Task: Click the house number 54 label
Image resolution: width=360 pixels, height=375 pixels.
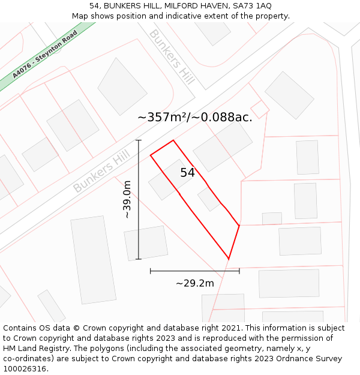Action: [x=187, y=173]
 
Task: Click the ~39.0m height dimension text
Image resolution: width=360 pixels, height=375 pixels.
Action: [x=127, y=199]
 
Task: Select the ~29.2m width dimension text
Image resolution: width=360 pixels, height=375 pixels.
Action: [x=194, y=283]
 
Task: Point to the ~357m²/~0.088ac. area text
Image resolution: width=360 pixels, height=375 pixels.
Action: [x=195, y=117]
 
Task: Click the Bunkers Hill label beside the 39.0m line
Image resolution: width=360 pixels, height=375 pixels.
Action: [x=101, y=172]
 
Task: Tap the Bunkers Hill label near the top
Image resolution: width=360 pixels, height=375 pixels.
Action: [x=172, y=57]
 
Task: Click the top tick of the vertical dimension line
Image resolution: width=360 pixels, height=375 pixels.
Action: [x=139, y=140]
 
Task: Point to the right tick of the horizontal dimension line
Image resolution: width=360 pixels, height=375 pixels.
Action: [x=239, y=271]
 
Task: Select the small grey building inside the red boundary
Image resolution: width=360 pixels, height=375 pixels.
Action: [x=209, y=199]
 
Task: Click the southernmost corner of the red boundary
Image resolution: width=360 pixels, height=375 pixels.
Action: [x=229, y=259]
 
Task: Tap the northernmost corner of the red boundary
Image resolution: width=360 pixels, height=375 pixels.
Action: [x=173, y=140]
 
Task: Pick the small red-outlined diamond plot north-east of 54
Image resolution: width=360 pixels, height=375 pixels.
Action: [x=259, y=109]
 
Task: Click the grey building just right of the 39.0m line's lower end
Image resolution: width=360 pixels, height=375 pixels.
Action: [x=146, y=243]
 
